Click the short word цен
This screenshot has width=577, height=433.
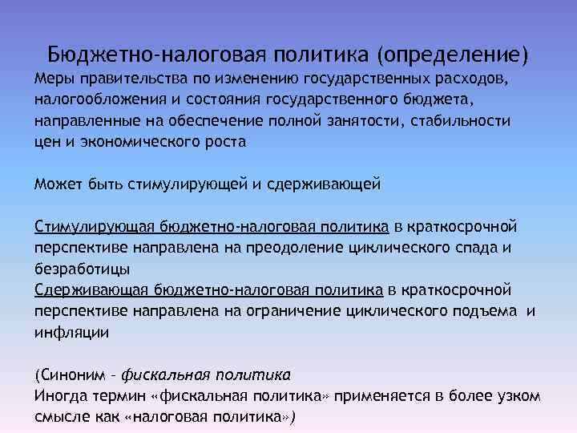coord(46,141)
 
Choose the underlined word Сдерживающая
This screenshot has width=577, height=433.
coord(91,289)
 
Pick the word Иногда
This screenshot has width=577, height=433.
coord(60,395)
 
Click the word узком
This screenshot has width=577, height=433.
coord(517,395)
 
